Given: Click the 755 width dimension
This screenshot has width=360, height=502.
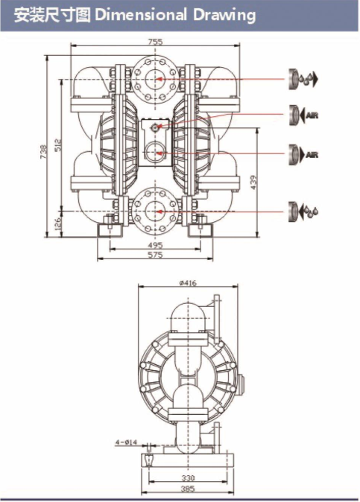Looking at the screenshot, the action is tap(155, 42).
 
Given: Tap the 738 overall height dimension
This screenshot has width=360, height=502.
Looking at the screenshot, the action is tap(43, 152).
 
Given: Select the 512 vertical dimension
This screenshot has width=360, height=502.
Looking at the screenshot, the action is tap(58, 145).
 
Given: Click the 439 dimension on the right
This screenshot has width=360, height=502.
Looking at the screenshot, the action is tap(253, 182).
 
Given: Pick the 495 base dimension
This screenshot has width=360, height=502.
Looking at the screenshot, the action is tap(155, 245).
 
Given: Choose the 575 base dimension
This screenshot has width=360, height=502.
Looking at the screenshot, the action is tap(155, 255).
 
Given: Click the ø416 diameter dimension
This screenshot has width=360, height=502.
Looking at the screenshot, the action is tap(188, 283).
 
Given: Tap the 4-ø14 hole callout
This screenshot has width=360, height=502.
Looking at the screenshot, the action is tap(126, 442).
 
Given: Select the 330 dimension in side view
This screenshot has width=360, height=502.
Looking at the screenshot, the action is tap(188, 478).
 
